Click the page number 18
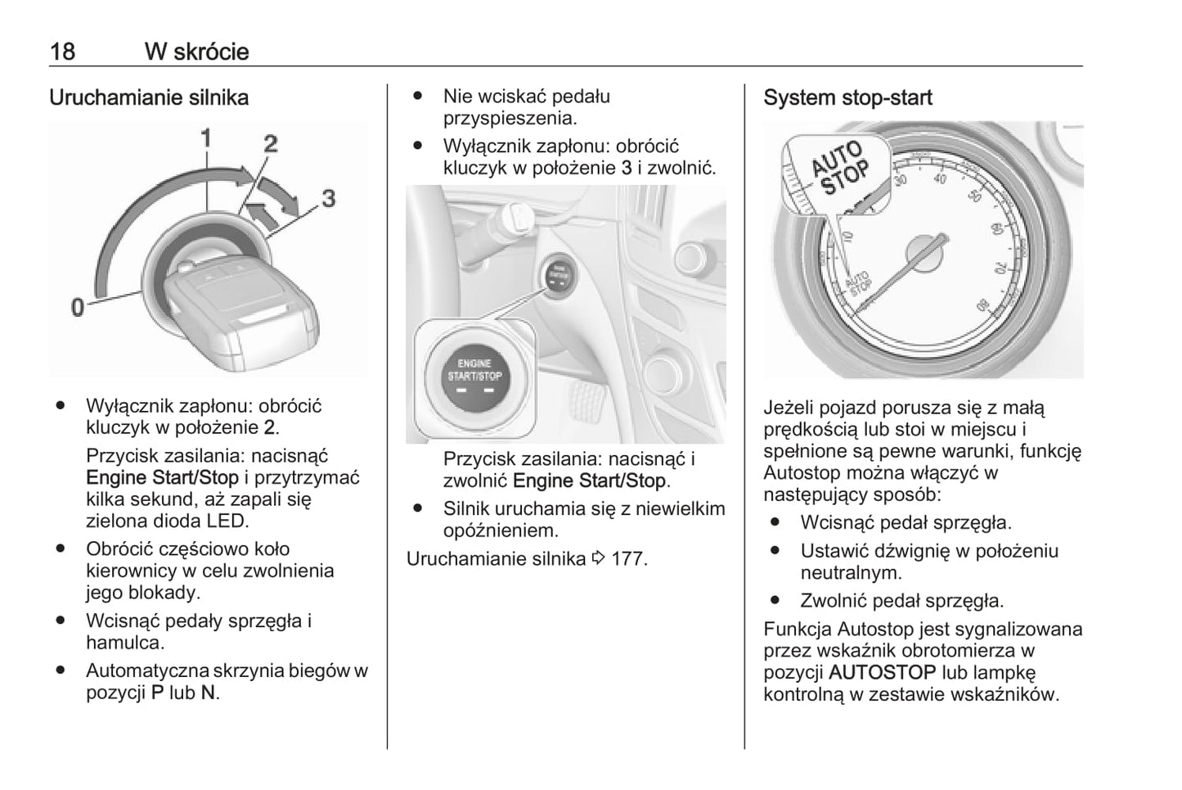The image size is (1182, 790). [62, 52]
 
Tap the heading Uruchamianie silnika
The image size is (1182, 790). [149, 97]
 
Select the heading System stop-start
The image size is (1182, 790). [847, 97]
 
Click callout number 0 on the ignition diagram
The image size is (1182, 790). [78, 307]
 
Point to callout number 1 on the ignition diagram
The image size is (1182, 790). [207, 138]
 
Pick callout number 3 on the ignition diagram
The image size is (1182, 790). [328, 197]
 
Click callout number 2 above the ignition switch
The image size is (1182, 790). [270, 144]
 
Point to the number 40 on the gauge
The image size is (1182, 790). [939, 178]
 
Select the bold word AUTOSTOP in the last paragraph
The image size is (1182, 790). [882, 673]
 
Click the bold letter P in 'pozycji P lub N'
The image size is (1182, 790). [158, 692]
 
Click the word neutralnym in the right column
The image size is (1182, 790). [851, 572]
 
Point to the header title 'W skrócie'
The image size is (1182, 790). [196, 52]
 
